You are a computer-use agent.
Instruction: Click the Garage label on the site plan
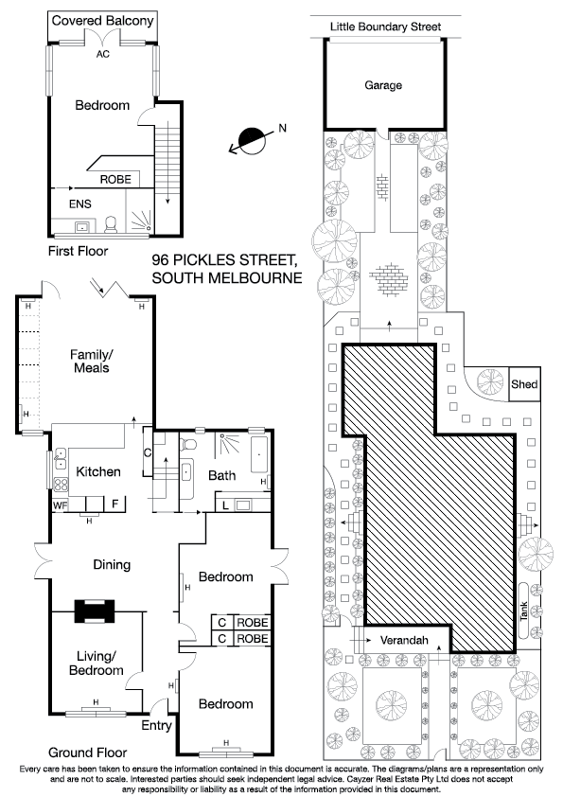tap(383, 85)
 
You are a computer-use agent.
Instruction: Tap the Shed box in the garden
tap(524, 383)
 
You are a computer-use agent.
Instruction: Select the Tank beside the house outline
tap(524, 611)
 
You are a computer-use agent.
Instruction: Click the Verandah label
tap(404, 640)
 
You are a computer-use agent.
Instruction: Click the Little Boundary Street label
tap(386, 27)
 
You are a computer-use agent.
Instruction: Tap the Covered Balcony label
tap(102, 21)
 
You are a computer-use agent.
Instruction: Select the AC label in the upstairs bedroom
tap(102, 54)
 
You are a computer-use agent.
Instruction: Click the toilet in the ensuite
tap(111, 223)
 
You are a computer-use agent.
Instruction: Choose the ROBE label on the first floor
tap(115, 179)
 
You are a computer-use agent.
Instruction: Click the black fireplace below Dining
tap(96, 611)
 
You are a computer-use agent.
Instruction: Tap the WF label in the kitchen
tap(60, 505)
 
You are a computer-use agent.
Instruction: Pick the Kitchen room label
tap(98, 471)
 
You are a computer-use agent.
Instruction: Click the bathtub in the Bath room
tap(259, 454)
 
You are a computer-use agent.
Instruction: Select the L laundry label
tap(224, 505)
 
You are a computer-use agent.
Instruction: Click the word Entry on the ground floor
tap(156, 725)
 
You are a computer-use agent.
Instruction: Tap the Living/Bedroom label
tap(96, 664)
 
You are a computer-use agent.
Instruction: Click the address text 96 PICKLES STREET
tap(223, 259)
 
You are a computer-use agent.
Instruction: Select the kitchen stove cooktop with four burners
tap(61, 485)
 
